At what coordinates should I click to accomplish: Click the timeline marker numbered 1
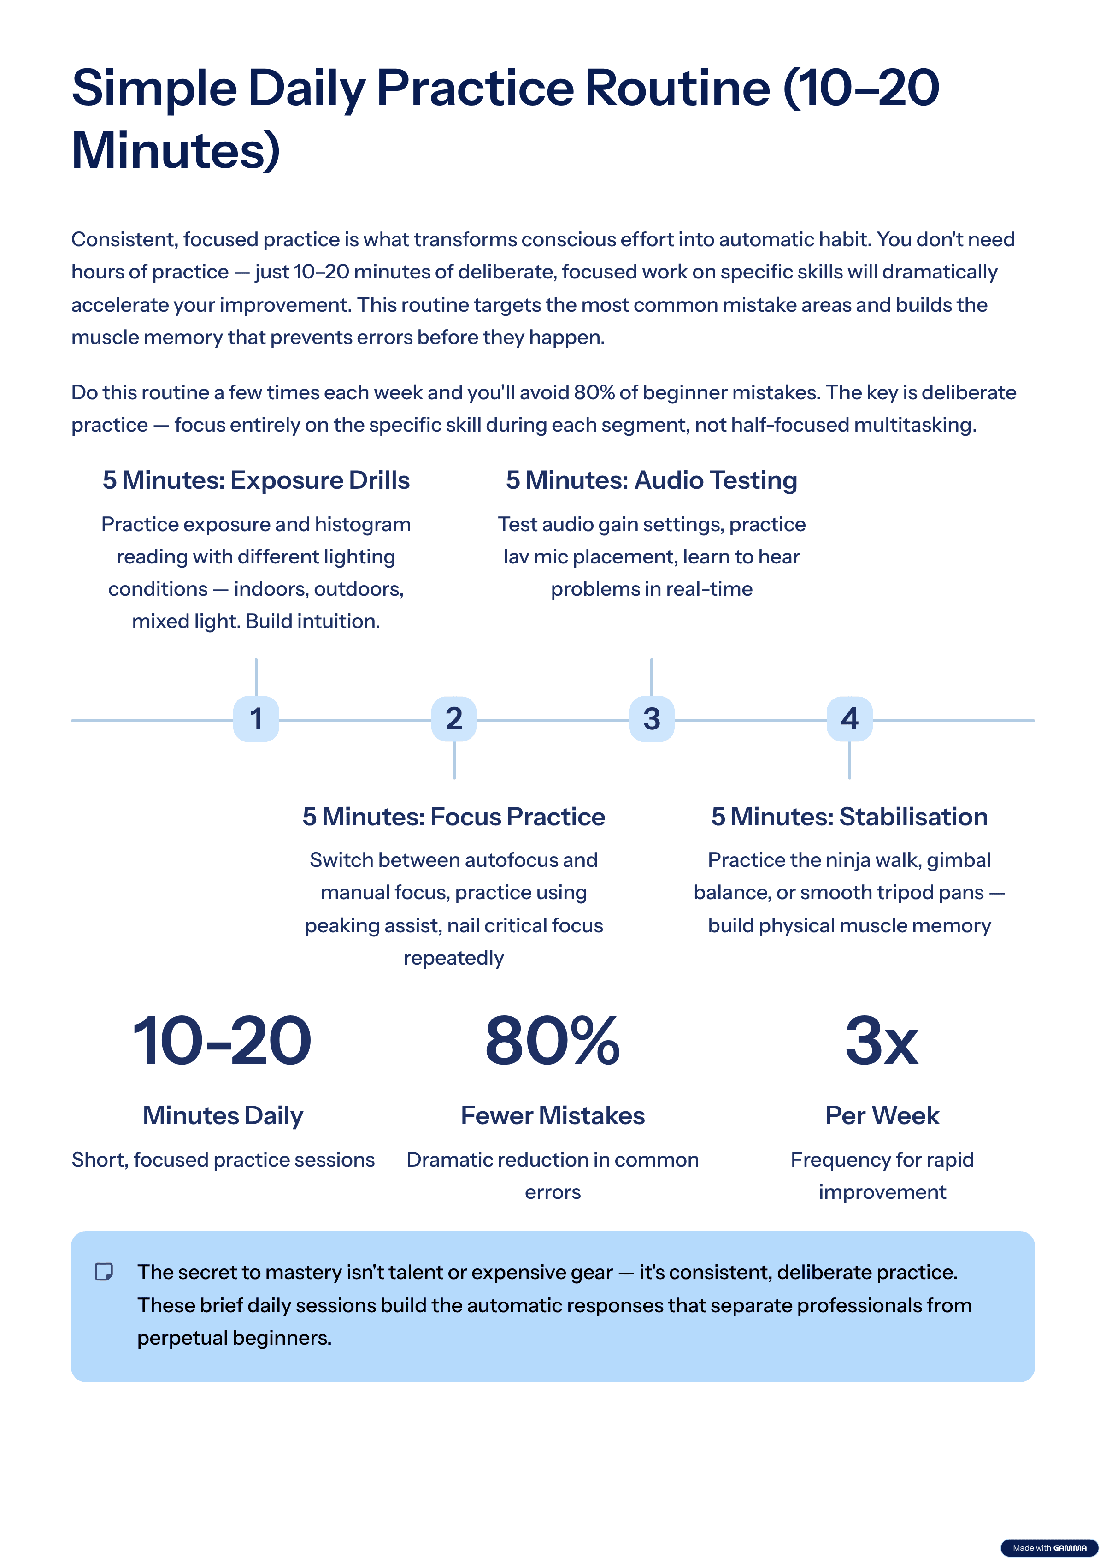(256, 719)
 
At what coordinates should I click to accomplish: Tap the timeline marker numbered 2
(453, 719)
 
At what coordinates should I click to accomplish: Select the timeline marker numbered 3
(652, 719)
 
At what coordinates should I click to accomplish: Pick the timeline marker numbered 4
(849, 719)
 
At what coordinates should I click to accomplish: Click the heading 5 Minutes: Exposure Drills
(256, 480)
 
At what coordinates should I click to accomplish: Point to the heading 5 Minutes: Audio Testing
(651, 480)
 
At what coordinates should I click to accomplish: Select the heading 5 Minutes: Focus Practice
(453, 817)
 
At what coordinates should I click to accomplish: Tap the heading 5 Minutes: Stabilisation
(849, 817)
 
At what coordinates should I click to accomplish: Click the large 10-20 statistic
(222, 1041)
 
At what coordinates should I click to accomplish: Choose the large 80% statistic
(553, 1041)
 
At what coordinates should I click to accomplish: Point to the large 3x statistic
(882, 1041)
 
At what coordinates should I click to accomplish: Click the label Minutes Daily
(223, 1115)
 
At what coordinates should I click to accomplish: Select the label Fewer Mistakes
(553, 1115)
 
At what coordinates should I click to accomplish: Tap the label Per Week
(882, 1115)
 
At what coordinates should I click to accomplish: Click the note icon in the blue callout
(104, 1272)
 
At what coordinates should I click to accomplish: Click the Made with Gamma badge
(1049, 1548)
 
